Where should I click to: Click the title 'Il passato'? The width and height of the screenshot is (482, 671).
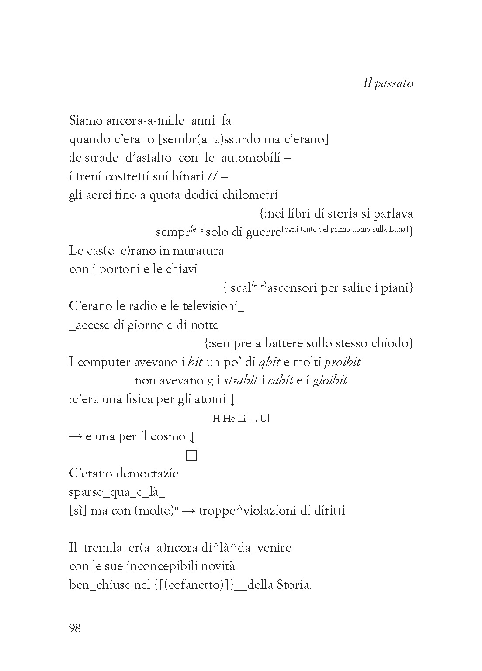(388, 83)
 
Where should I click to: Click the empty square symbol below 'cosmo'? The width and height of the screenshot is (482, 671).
(191, 456)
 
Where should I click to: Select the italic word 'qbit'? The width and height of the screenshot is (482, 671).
(269, 362)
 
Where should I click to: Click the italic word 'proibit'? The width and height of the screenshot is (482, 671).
(342, 362)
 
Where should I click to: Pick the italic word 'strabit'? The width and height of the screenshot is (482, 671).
(240, 380)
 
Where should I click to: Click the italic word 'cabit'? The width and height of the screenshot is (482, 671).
(280, 380)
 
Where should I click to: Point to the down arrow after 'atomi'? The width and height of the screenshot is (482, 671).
(232, 400)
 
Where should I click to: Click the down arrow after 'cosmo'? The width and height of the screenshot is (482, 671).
(192, 437)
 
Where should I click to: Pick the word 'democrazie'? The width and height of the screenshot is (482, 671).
(151, 474)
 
